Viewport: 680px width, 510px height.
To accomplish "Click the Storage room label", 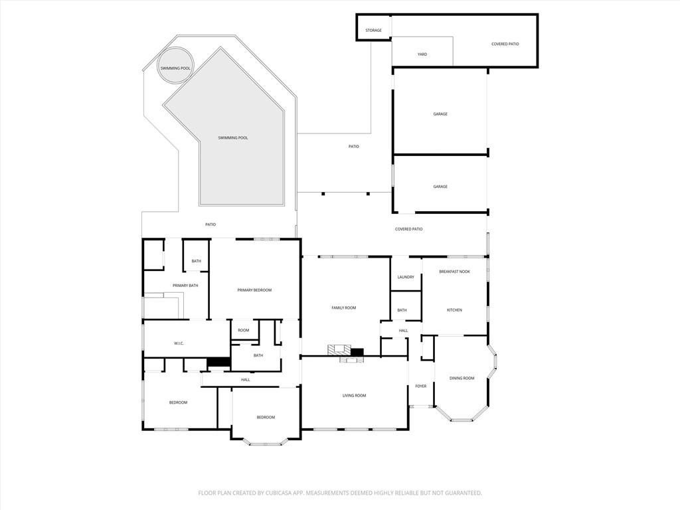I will tap(373, 31).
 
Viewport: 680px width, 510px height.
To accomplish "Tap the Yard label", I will tap(422, 54).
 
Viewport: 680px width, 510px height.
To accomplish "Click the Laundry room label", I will tap(406, 277).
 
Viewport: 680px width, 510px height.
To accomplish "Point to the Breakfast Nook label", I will tap(454, 272).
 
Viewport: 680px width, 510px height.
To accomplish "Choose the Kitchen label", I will tap(454, 310).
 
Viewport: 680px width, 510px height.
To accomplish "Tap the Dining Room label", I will tap(462, 378).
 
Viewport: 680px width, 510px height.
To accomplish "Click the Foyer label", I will tap(421, 386).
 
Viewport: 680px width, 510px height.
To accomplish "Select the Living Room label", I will tap(354, 396).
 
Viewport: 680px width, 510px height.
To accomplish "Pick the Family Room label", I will tap(344, 307).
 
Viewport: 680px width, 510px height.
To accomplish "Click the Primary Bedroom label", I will tap(254, 290).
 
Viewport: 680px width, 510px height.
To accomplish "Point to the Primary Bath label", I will tap(185, 286).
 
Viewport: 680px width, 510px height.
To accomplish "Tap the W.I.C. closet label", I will tap(179, 343).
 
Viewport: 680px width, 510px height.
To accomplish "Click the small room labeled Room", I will tap(244, 330).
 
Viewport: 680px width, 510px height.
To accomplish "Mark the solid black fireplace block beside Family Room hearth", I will tap(357, 352).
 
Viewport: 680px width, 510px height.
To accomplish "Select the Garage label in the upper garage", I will tap(440, 114).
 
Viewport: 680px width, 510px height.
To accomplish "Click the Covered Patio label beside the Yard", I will tap(505, 44).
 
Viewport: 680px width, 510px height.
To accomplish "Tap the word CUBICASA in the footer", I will tap(273, 493).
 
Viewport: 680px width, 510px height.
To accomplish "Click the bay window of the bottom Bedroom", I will tap(266, 442).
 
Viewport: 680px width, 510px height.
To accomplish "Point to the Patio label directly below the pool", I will tap(210, 224).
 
